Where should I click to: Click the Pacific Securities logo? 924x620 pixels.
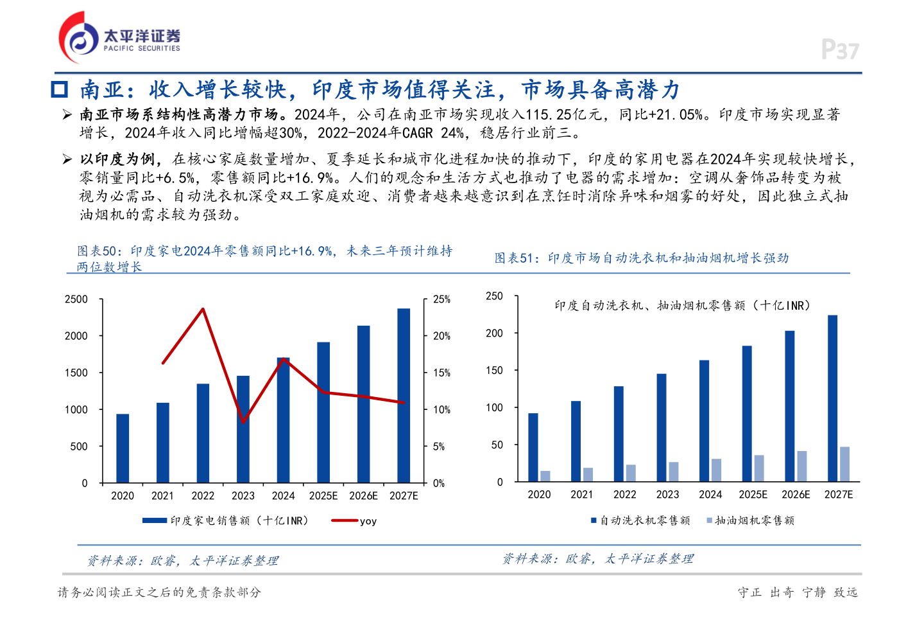tap(119, 38)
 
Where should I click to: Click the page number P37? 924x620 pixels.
tap(840, 49)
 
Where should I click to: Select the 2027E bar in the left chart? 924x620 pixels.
tap(404, 395)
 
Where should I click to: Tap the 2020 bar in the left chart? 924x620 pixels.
tap(123, 448)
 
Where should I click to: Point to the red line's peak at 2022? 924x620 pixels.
tap(203, 309)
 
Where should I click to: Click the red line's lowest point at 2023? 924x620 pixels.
tap(243, 422)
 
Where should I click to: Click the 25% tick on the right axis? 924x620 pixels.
tap(441, 299)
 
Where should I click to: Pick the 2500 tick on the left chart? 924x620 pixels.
tap(76, 299)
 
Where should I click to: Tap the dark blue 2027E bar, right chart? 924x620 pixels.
tap(832, 398)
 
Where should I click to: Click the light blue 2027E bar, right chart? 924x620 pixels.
tap(844, 464)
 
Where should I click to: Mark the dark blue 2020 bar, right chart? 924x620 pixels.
tap(533, 447)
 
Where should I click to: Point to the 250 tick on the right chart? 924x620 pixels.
tap(494, 296)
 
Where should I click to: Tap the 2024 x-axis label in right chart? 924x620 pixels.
tap(710, 495)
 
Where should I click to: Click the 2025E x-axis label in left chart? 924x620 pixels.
tap(323, 496)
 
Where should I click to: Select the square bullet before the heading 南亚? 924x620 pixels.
tap(60, 89)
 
